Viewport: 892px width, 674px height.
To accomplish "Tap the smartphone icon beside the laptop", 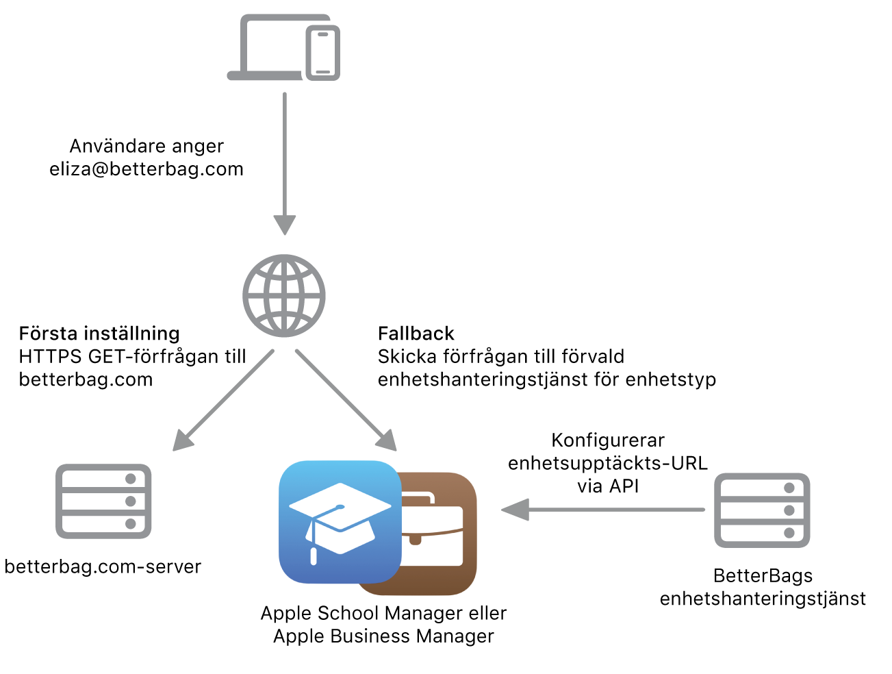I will (323, 53).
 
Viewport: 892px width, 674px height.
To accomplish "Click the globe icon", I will (284, 296).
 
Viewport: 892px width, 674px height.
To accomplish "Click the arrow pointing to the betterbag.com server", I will (222, 401).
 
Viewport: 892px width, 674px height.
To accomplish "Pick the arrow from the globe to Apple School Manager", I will (346, 401).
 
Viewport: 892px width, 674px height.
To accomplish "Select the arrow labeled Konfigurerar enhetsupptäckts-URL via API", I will (602, 510).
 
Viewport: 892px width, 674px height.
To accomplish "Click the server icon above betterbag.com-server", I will (103, 501).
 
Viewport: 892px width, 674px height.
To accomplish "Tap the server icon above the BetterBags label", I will (762, 510).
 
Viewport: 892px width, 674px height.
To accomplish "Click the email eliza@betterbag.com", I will (146, 169).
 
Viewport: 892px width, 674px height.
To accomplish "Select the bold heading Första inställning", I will (99, 334).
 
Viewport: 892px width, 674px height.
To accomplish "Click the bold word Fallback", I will (416, 334).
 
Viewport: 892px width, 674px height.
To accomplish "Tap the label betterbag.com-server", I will (103, 566).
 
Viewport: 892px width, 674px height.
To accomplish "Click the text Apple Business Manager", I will (383, 636).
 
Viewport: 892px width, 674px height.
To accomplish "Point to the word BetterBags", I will (763, 575).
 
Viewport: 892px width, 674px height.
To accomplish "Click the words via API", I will (608, 486).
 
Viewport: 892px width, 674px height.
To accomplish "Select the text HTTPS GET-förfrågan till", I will (132, 356).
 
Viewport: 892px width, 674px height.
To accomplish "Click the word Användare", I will (110, 146).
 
